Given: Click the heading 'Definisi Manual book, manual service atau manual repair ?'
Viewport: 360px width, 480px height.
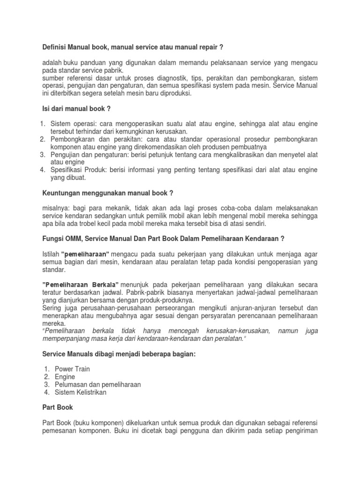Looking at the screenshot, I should tap(132, 47).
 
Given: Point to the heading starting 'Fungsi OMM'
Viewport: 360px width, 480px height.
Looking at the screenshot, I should tap(163, 239).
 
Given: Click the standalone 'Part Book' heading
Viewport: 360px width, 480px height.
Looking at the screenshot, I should tap(58, 408).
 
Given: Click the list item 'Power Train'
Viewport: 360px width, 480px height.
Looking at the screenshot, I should tap(72, 369).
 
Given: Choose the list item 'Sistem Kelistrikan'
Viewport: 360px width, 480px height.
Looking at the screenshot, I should tap(81, 392).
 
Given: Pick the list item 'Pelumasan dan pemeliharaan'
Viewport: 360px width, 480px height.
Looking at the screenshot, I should tap(98, 384).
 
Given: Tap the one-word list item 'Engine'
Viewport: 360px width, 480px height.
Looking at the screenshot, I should tap(65, 377).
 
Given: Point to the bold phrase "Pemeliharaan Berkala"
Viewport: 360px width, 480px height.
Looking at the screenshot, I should tap(80, 285).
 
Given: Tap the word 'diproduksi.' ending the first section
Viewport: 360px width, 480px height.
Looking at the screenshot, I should tap(174, 93).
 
